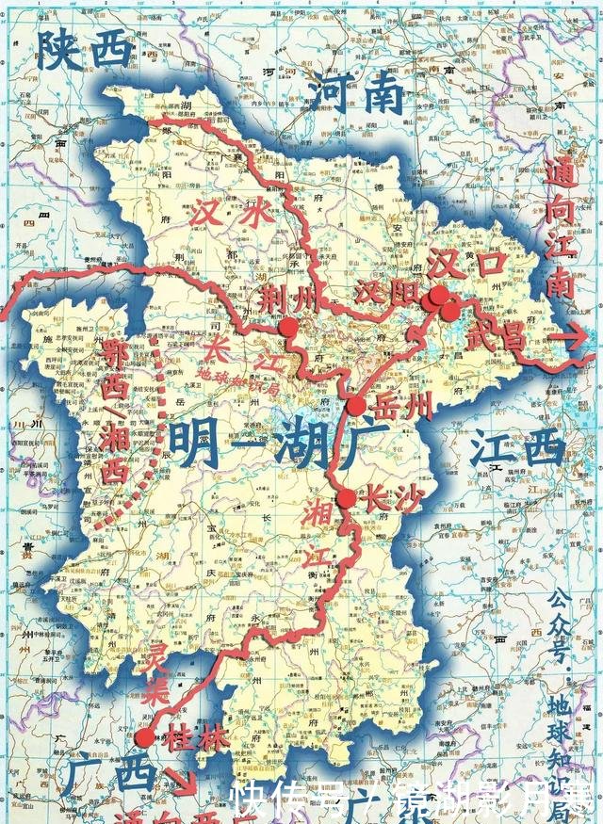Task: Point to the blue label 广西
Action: (112, 775)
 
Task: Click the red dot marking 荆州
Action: (287, 327)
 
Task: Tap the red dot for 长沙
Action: (346, 499)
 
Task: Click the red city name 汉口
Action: (466, 265)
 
